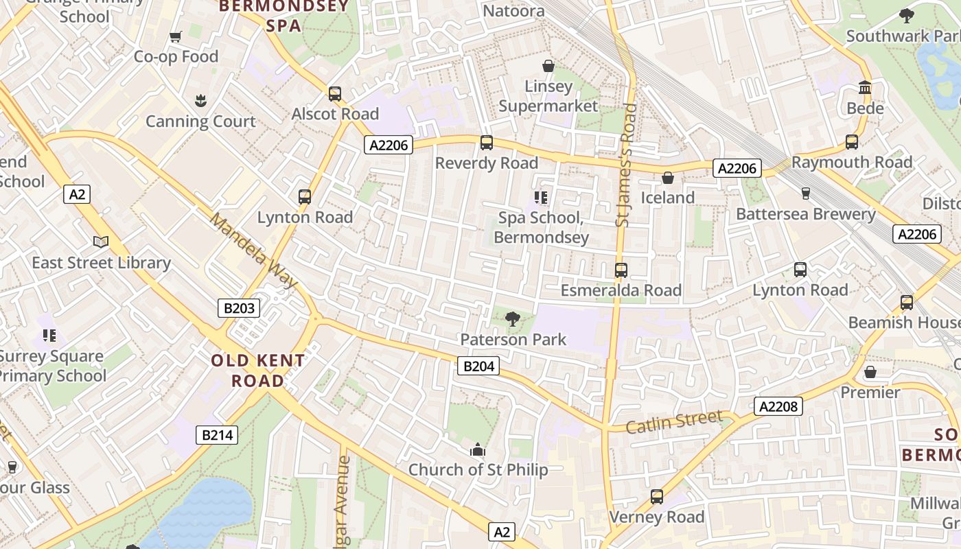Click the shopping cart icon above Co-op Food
click(175, 36)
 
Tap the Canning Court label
click(200, 121)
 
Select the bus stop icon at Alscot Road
click(335, 93)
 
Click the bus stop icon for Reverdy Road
click(487, 143)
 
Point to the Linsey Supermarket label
click(548, 96)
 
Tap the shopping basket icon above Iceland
click(667, 178)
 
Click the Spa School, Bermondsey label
click(541, 228)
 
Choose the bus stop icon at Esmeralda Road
click(621, 270)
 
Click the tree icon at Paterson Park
click(512, 318)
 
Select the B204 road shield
click(478, 366)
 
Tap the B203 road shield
click(239, 308)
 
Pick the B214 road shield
click(217, 434)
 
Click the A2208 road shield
click(778, 406)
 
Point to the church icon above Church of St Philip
click(478, 450)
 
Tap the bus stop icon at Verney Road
click(657, 496)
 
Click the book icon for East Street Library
click(101, 242)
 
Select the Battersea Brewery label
click(806, 214)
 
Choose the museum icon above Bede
click(865, 88)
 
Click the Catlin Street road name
click(675, 421)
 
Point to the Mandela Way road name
click(253, 250)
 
